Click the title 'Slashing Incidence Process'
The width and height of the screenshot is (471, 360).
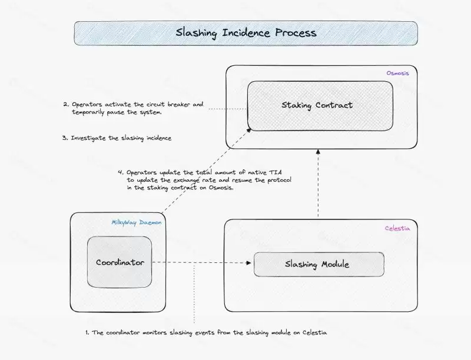[246, 33]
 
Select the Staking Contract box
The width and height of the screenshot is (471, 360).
[317, 105]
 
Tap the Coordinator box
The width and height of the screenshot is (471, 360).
[120, 262]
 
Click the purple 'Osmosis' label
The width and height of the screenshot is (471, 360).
[397, 73]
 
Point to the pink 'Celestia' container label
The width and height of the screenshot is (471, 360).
[397, 227]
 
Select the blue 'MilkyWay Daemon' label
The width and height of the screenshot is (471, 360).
[137, 222]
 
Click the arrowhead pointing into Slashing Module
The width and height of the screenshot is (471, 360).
[248, 264]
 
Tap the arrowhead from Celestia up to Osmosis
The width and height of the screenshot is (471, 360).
[318, 151]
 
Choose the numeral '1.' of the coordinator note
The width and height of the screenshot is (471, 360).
[87, 332]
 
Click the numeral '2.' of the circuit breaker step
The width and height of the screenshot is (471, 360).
[66, 105]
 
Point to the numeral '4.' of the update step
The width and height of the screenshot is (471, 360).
[121, 172]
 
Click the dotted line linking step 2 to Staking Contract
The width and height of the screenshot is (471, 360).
[227, 109]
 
